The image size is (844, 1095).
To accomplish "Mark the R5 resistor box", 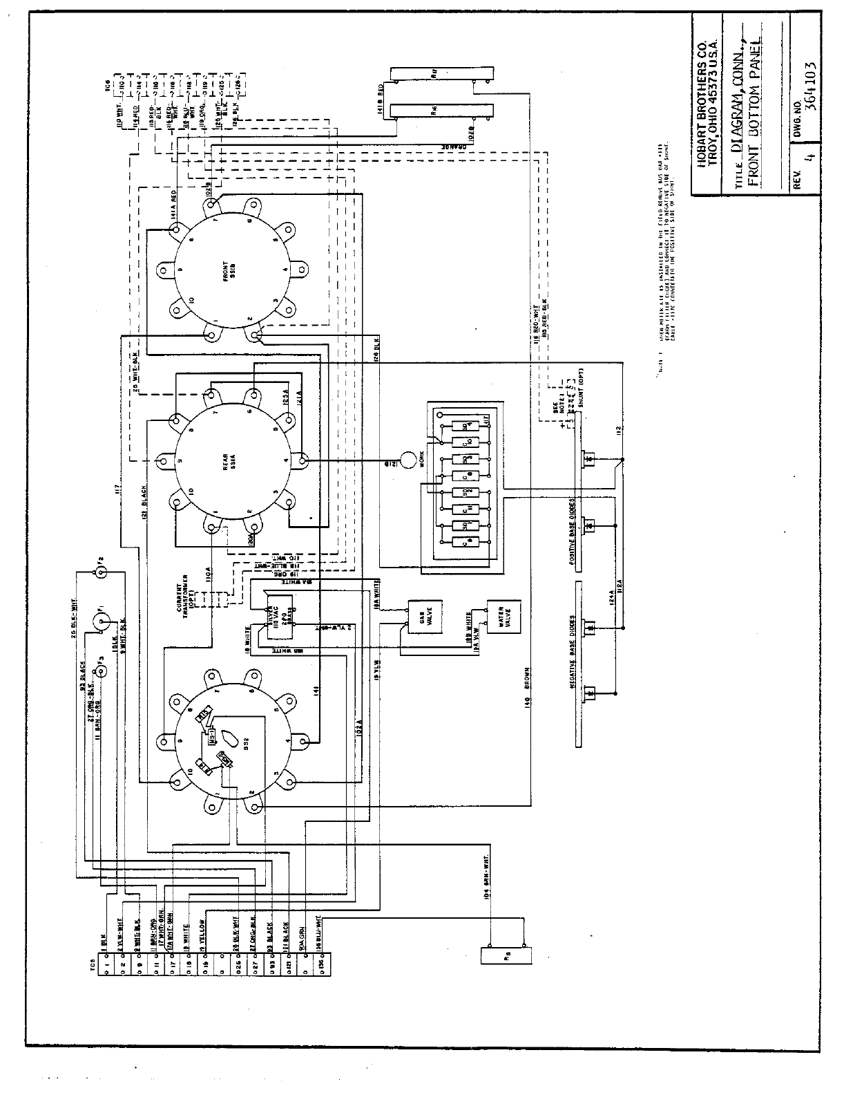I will [508, 956].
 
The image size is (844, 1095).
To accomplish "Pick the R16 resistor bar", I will [442, 110].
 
